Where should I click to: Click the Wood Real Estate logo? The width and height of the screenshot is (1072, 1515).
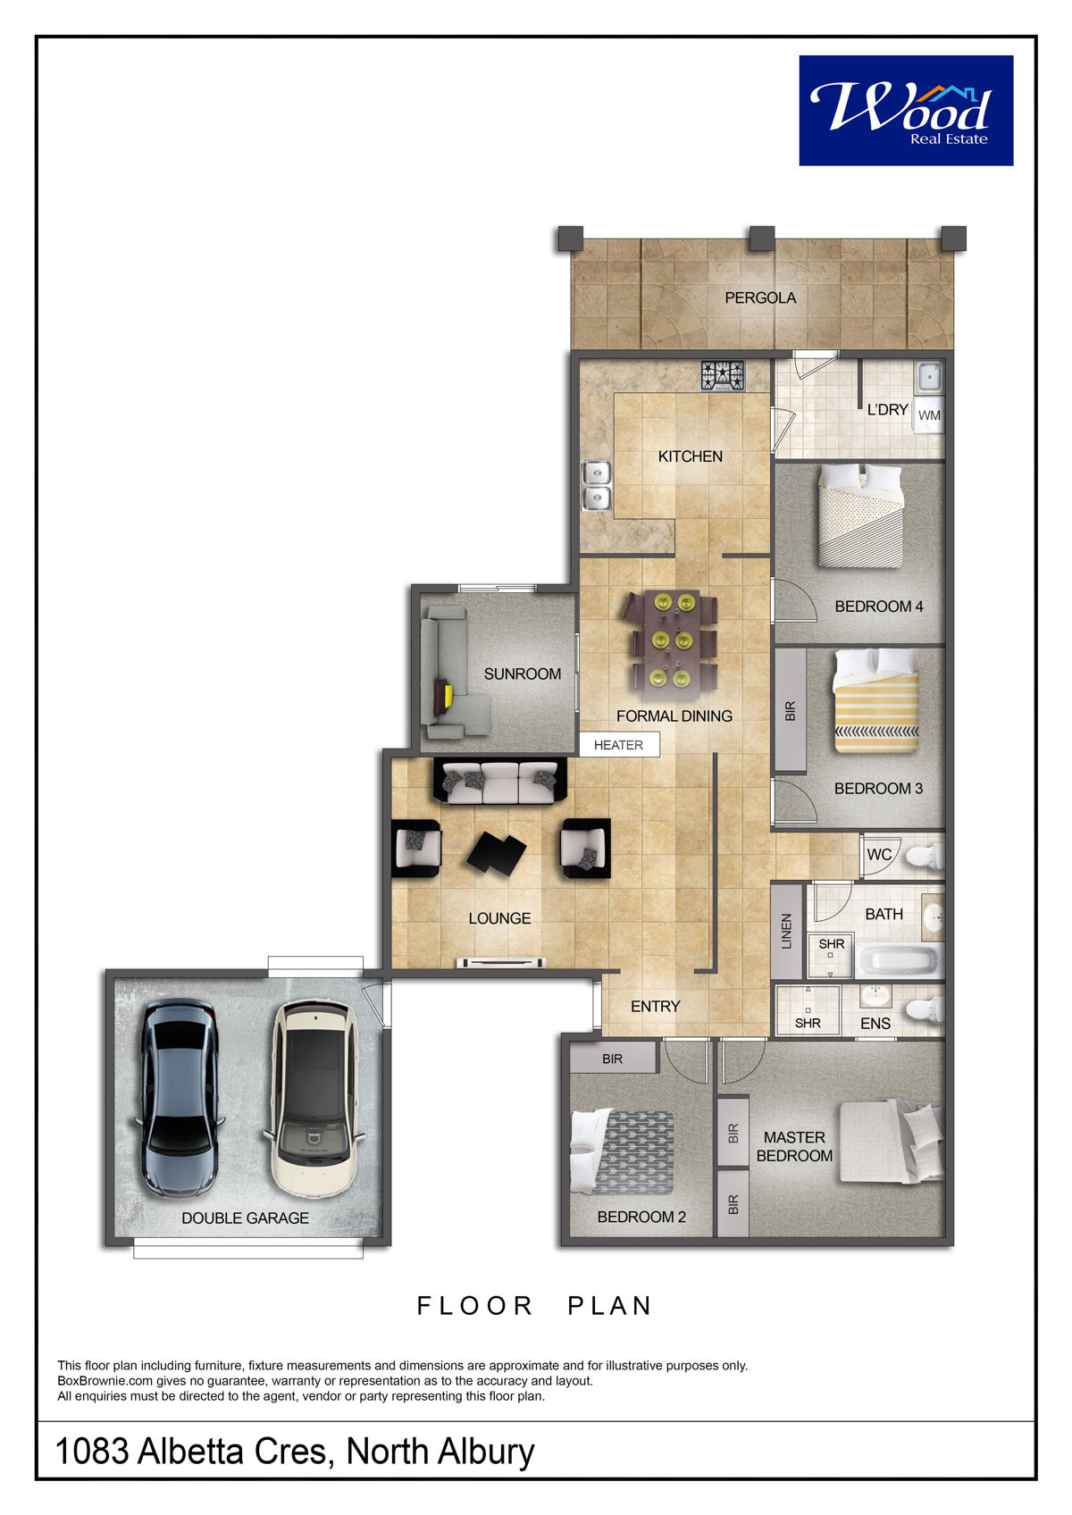(x=906, y=110)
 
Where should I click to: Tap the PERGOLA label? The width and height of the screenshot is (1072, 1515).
(x=759, y=297)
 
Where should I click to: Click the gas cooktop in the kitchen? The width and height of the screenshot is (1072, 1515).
(x=723, y=376)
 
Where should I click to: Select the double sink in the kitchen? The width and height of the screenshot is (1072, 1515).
(x=597, y=485)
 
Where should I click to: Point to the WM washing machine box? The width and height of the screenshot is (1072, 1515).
(x=928, y=414)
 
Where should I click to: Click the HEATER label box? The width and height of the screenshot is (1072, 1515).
(x=619, y=745)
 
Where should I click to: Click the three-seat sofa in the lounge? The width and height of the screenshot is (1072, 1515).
(x=499, y=781)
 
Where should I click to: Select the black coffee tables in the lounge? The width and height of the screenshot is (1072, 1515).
(x=497, y=854)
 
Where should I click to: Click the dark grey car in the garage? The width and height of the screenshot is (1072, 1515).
(x=179, y=1097)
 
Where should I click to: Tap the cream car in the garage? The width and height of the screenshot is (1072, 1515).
(x=314, y=1099)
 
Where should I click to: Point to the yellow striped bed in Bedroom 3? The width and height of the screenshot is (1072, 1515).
(x=876, y=700)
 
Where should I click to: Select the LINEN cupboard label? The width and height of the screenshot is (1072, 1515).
(x=787, y=932)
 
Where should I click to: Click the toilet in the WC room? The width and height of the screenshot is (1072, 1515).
(x=925, y=857)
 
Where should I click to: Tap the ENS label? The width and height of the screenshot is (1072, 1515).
(x=875, y=1024)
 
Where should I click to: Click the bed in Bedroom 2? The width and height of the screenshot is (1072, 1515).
(x=623, y=1151)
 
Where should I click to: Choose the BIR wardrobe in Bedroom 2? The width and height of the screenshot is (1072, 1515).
(x=613, y=1058)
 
